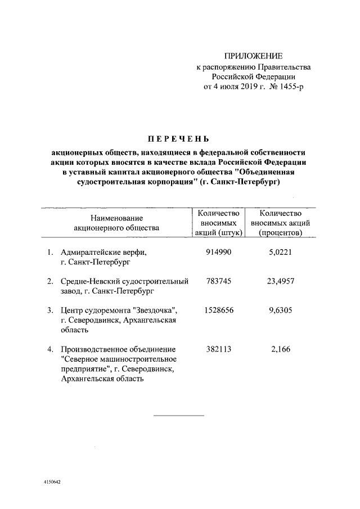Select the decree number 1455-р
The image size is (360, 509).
click(290, 87)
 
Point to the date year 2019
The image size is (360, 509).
click(242, 87)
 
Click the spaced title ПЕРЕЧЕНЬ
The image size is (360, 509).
click(178, 139)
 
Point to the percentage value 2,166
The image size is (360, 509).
click(280, 349)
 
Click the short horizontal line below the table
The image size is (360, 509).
click(179, 416)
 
